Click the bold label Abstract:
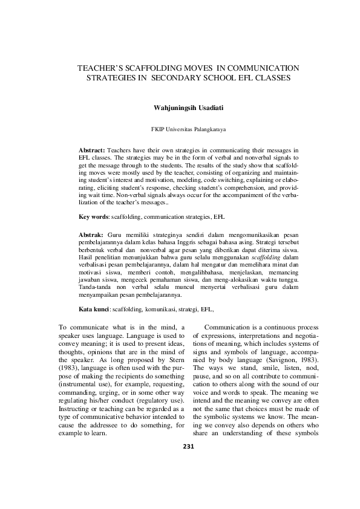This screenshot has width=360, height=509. tap(92, 149)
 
